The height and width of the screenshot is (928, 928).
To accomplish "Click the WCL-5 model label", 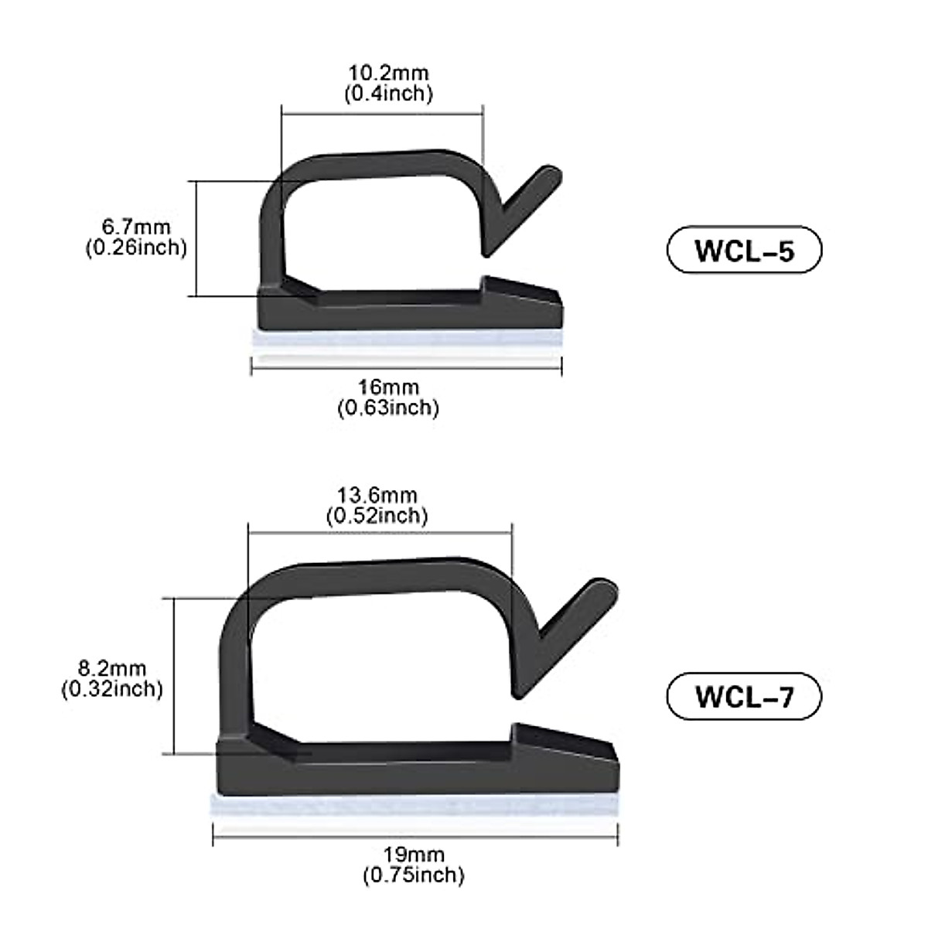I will pyautogui.click(x=743, y=250).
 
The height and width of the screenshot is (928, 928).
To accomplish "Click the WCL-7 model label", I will pyautogui.click(x=743, y=696).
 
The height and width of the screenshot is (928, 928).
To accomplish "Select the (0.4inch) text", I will pyautogui.click(x=388, y=94).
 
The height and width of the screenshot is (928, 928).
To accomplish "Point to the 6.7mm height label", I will pyautogui.click(x=136, y=227).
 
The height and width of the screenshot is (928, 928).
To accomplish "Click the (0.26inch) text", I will pyautogui.click(x=136, y=247).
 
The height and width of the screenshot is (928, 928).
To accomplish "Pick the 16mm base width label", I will pyautogui.click(x=388, y=387).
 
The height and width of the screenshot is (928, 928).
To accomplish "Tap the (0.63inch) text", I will pyautogui.click(x=388, y=408).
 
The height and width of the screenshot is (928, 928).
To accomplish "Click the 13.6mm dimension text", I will pyautogui.click(x=377, y=495).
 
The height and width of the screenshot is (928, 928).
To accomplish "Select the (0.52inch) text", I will pyautogui.click(x=377, y=516).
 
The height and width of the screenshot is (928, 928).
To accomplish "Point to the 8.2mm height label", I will pyautogui.click(x=113, y=669).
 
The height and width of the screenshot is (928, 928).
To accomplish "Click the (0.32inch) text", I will pyautogui.click(x=113, y=689).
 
